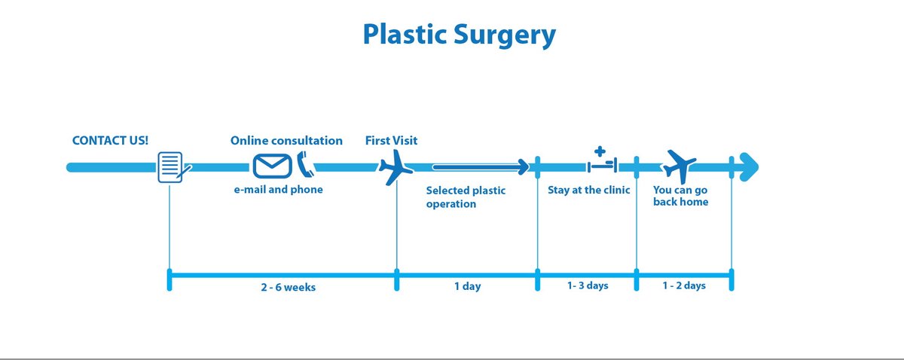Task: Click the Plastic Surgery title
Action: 459,35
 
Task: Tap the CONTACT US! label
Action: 110,141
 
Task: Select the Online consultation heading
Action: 286,141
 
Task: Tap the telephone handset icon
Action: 304,163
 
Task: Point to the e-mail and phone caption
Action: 278,190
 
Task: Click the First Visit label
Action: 391,141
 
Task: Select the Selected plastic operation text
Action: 466,197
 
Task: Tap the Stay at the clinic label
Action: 588,191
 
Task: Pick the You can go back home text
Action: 680,197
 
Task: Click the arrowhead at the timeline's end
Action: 747,166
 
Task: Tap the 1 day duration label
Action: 467,287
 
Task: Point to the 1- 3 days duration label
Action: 588,286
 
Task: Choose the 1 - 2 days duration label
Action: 684,286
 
